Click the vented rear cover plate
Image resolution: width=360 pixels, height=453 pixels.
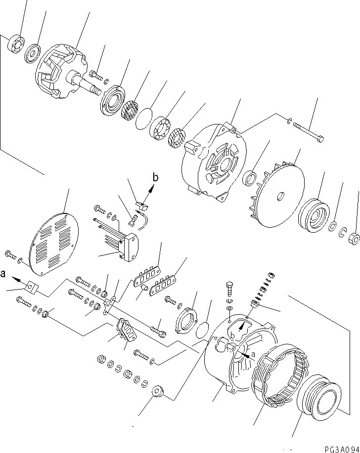point(53,242)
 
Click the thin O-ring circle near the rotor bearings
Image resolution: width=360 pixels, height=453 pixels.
point(145,119)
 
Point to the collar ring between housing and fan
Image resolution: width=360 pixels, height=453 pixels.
point(251,178)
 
